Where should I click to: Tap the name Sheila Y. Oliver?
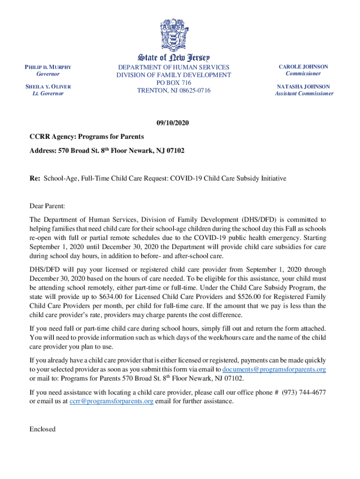(x=45, y=87)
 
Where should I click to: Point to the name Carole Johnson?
(x=303, y=66)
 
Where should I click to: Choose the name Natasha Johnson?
(x=303, y=87)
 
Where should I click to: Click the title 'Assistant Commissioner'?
(x=304, y=94)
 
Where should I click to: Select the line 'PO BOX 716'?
(x=173, y=82)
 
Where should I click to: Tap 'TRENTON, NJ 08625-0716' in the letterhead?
(x=173, y=90)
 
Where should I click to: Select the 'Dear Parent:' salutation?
(x=47, y=205)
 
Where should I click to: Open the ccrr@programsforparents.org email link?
(x=111, y=401)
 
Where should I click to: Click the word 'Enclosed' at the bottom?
(x=42, y=429)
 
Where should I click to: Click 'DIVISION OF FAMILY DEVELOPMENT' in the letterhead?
(x=173, y=75)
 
